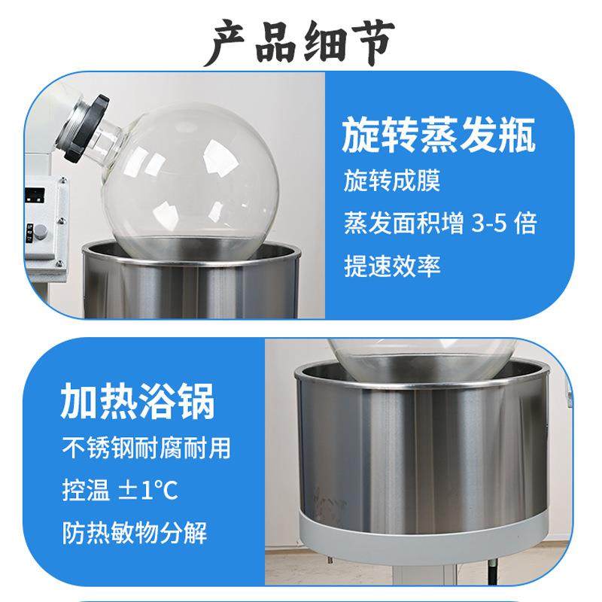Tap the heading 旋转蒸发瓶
tap(439, 138)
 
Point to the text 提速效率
tap(391, 266)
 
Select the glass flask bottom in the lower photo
tap(421, 358)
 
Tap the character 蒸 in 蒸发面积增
tap(355, 224)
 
